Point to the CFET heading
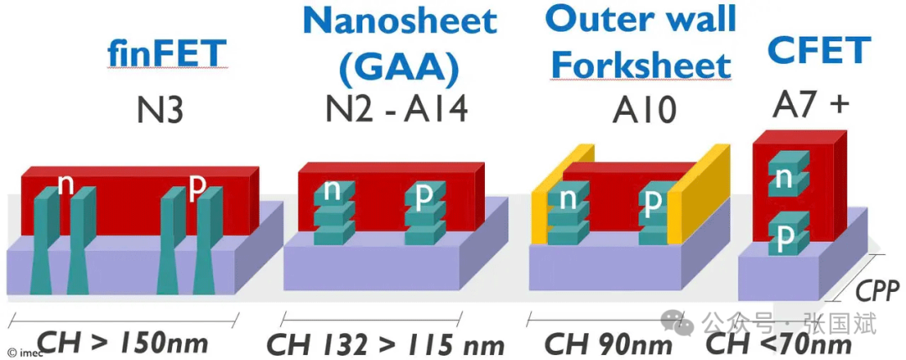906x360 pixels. (819, 52)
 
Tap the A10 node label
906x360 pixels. (642, 109)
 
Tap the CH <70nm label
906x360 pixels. (779, 344)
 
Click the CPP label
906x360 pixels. (877, 291)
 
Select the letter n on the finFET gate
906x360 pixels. (65, 184)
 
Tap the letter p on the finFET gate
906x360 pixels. (198, 185)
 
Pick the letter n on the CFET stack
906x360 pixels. (784, 178)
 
